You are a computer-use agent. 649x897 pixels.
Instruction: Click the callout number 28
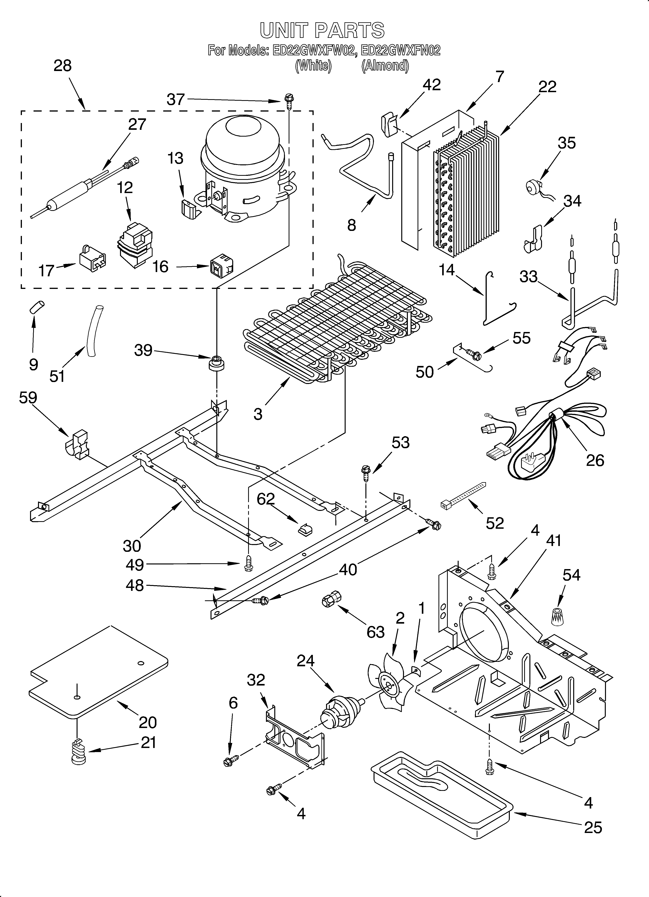[x=62, y=66]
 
